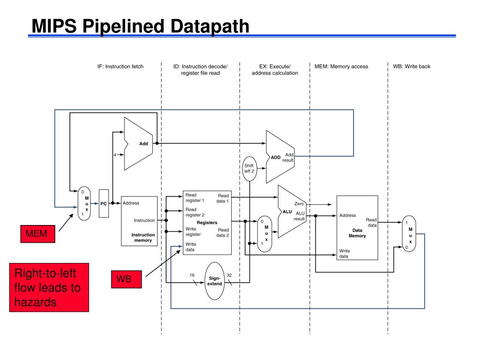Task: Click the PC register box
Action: coord(104,203)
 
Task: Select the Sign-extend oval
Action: coord(215,281)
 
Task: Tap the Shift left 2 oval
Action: coord(249,168)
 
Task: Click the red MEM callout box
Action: coord(37,234)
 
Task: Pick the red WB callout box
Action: coord(126,279)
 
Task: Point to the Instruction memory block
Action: coord(139,221)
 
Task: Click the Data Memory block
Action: coord(357,228)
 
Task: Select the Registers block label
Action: coord(207,223)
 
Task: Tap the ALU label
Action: coord(287,211)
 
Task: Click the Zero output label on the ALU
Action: coord(299,203)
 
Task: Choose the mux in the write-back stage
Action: coord(409,233)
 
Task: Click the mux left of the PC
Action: coord(84,203)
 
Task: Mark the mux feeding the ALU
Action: coord(264,234)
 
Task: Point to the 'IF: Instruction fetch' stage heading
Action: coord(120,67)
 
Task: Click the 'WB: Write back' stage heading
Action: coord(412,67)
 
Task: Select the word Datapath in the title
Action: coord(210,26)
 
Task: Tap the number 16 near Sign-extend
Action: coord(192,275)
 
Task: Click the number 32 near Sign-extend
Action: coord(229,275)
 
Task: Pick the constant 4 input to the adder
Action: coord(115,155)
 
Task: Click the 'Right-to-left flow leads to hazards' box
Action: coord(49,287)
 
